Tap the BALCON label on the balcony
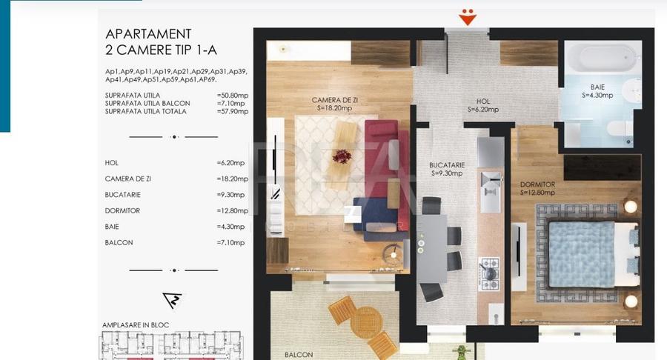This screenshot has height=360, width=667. pos(299,355)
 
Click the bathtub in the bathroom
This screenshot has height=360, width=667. pos(600,56)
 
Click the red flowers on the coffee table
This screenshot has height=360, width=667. pos(342,156)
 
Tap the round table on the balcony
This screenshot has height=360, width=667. pos(366,322)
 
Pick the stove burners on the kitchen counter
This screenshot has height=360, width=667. pos(490,273)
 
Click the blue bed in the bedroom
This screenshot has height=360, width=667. pos(583,254)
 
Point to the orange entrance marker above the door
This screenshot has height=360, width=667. pos(467,16)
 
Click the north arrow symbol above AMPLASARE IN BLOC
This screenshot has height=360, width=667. pos(173,300)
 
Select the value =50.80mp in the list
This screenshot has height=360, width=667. pos(233,96)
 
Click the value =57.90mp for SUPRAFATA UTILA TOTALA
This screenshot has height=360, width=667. pos(233,111)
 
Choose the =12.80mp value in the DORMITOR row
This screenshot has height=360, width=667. pos(231,210)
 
